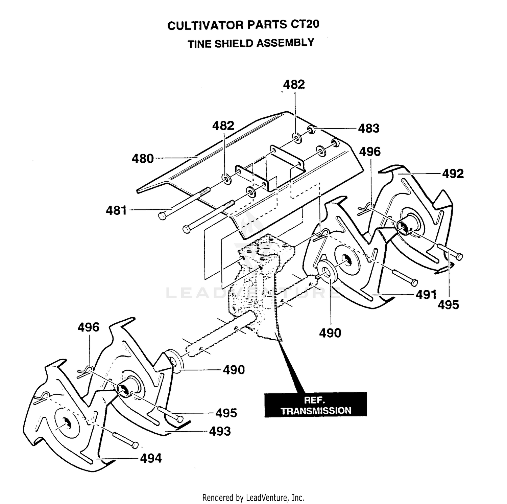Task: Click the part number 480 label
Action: [x=143, y=159]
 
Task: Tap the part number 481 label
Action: [x=116, y=210]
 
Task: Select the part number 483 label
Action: [x=369, y=128]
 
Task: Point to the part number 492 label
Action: [x=453, y=174]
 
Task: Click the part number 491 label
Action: [x=426, y=295]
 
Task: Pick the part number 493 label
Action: [x=220, y=431]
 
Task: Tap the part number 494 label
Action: [x=151, y=458]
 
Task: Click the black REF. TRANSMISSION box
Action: [x=316, y=405]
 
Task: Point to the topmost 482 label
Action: [x=294, y=84]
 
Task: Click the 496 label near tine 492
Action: [x=370, y=152]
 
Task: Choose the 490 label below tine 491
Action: [x=330, y=333]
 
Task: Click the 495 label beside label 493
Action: [x=226, y=413]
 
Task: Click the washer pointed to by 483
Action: [x=311, y=129]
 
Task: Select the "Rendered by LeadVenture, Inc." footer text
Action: [x=253, y=498]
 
